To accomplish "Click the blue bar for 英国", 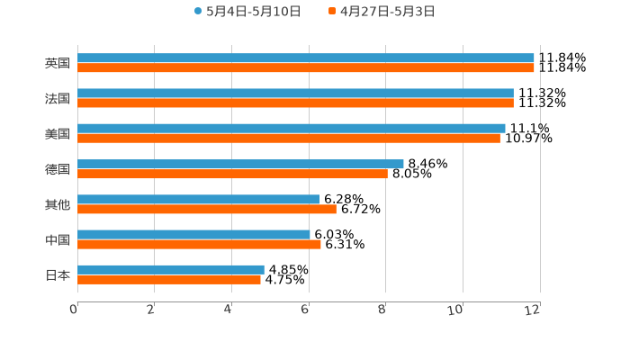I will (306, 58).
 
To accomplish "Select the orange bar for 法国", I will (295, 103).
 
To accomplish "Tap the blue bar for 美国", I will (292, 129).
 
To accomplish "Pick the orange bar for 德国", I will (232, 174).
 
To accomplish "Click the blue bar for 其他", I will (198, 199).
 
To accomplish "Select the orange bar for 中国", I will (199, 244).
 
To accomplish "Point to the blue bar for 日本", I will (171, 269).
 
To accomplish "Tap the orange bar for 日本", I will (169, 279).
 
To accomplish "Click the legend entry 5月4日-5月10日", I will (247, 12).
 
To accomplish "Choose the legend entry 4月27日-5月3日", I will (382, 12).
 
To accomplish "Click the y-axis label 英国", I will (58, 64).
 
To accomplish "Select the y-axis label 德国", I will (58, 169).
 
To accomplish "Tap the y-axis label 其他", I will (58, 204).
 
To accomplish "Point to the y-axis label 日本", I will (58, 274).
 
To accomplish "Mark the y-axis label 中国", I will (58, 239).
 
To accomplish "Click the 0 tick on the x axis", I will (74, 310).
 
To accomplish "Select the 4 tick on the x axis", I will (229, 310).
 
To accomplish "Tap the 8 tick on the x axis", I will (382, 310).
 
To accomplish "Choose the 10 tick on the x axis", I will (456, 310).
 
